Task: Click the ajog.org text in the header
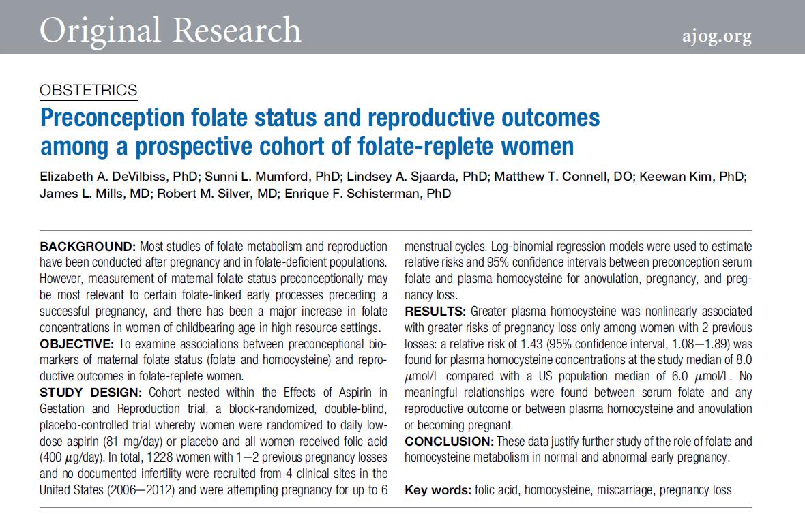point(716,35)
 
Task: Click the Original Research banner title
point(171,30)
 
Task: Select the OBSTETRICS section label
point(89,90)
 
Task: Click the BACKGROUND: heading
point(87,246)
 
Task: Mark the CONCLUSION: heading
point(450,442)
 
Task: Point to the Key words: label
point(437,490)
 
